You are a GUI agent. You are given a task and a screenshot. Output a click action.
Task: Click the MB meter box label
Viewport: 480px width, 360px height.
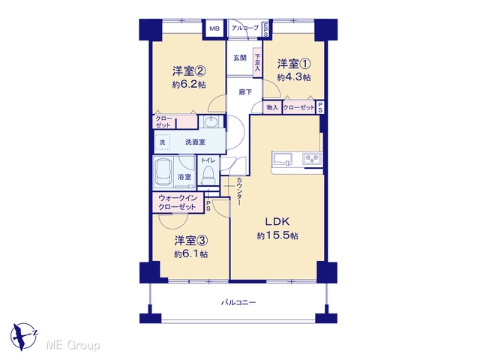214,28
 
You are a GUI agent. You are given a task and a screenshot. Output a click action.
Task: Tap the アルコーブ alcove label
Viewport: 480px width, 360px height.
245,28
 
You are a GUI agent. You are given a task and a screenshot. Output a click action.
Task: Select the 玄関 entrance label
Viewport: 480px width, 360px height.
240,58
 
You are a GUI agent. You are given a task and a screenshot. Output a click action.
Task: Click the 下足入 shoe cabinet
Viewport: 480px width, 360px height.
257,62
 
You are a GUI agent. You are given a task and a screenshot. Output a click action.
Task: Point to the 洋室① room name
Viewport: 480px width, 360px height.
294,64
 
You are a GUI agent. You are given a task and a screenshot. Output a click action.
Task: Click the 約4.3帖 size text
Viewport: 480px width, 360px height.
294,77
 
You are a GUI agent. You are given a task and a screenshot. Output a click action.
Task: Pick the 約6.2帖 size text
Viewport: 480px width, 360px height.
189,85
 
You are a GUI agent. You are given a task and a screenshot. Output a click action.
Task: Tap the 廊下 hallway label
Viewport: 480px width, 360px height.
245,91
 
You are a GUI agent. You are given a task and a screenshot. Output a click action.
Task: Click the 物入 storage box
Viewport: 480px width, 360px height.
272,107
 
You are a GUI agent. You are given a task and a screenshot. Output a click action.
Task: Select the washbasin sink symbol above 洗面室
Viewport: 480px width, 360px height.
211,121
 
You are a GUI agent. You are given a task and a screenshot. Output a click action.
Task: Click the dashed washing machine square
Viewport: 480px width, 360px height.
162,142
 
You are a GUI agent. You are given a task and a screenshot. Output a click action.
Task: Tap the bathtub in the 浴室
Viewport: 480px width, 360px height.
163,172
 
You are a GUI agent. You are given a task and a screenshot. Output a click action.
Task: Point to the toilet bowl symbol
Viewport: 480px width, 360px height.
208,175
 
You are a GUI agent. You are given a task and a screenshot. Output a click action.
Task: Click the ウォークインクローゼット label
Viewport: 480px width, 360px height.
177,202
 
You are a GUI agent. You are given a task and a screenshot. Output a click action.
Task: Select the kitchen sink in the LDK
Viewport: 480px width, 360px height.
283,159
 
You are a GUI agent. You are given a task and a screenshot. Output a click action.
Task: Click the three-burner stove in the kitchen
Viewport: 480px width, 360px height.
312,159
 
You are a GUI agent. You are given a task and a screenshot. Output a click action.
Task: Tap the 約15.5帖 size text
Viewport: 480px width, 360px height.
277,235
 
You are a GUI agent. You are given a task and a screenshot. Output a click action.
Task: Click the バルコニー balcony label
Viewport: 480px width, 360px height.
238,303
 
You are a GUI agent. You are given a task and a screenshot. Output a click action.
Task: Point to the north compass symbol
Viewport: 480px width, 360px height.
23,337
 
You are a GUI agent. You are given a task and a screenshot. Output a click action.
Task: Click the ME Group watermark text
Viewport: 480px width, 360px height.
73,345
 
